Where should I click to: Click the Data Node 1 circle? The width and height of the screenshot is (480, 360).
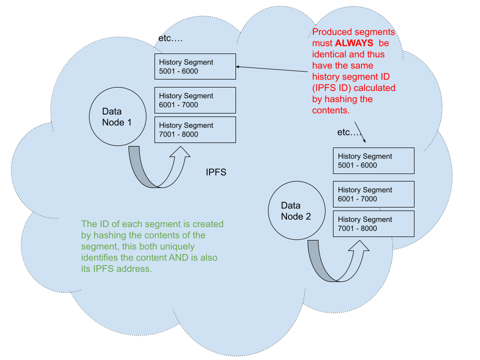click(x=117, y=117)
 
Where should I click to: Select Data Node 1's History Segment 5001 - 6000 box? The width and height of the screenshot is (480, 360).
click(x=195, y=66)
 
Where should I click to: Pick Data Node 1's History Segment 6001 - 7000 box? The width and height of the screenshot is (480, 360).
click(x=195, y=100)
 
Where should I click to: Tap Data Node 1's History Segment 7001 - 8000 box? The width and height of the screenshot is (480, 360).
click(x=195, y=129)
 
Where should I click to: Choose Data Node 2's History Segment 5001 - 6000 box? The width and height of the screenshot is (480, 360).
click(x=373, y=160)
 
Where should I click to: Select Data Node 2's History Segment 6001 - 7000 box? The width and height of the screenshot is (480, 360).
click(x=373, y=194)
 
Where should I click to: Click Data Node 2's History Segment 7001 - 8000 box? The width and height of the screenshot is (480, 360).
click(x=373, y=223)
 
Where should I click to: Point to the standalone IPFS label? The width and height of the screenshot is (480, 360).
click(x=216, y=172)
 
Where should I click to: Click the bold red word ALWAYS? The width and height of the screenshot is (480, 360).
click(x=354, y=43)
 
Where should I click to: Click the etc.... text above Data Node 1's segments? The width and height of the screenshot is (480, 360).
click(x=170, y=38)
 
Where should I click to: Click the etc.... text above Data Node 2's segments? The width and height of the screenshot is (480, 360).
click(x=349, y=132)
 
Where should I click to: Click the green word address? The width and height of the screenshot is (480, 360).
click(x=135, y=269)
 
